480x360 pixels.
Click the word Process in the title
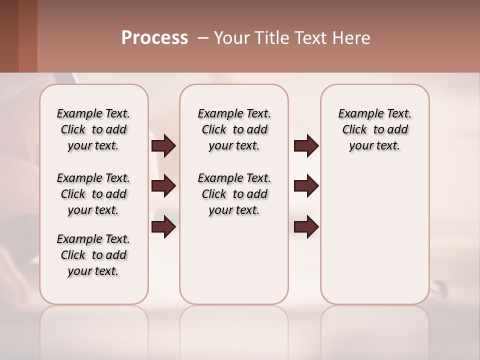(154, 38)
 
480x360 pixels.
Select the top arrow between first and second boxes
(163, 146)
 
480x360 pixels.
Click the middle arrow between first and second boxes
(163, 186)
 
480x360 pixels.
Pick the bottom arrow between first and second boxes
(163, 227)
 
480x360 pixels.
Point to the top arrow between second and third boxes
(306, 146)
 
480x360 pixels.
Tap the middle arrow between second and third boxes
(306, 186)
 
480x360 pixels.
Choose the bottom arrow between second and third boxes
(306, 227)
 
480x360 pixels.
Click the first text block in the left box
(93, 129)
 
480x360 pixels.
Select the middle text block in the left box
(93, 194)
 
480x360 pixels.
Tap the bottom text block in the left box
(93, 255)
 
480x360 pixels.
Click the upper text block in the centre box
(234, 129)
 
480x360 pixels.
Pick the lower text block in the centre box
(234, 194)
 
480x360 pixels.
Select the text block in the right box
(374, 129)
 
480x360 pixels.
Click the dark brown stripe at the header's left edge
(9, 36)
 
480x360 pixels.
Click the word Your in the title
(231, 38)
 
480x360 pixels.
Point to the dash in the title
(203, 38)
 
